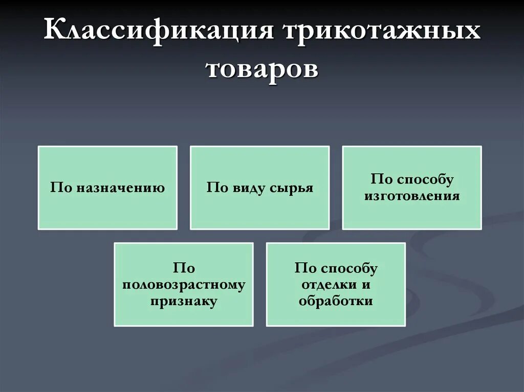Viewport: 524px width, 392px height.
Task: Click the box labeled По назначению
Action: click(x=107, y=188)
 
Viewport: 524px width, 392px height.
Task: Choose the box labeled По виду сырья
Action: click(x=259, y=188)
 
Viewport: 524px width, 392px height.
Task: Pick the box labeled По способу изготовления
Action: click(x=411, y=188)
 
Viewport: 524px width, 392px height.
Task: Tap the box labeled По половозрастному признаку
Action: click(x=183, y=285)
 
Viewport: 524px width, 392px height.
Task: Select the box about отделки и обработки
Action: click(x=336, y=285)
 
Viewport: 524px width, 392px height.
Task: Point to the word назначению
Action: click(x=121, y=188)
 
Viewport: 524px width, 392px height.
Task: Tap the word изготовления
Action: click(x=411, y=196)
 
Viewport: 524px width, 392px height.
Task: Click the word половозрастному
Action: click(x=184, y=285)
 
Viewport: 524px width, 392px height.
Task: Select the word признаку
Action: click(x=184, y=302)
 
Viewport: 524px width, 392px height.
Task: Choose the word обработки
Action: click(x=336, y=302)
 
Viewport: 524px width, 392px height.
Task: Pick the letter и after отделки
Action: click(x=366, y=285)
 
